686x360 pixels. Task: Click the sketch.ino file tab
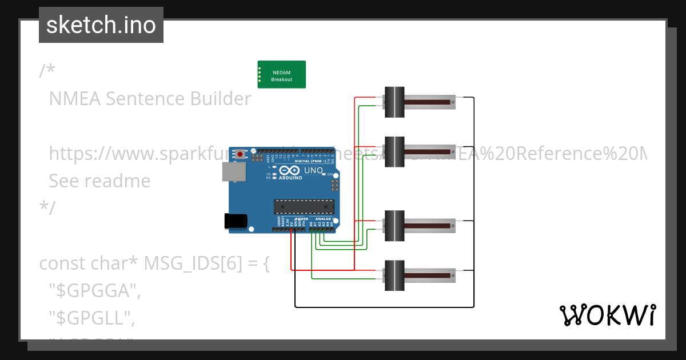click(x=101, y=25)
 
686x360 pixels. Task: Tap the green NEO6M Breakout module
click(x=281, y=75)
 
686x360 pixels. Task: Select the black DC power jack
click(x=235, y=221)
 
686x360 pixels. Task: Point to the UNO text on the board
click(x=313, y=170)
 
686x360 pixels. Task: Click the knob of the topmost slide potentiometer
click(x=394, y=102)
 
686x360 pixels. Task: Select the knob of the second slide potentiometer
click(x=394, y=152)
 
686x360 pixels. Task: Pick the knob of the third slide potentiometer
click(x=394, y=226)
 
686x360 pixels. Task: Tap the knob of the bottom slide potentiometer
click(x=394, y=275)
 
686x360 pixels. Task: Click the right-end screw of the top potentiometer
click(x=453, y=102)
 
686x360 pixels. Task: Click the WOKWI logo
click(x=607, y=315)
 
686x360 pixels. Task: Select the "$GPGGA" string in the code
click(x=95, y=291)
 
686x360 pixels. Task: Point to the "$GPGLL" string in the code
click(x=92, y=318)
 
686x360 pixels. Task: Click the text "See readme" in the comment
click(x=99, y=181)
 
